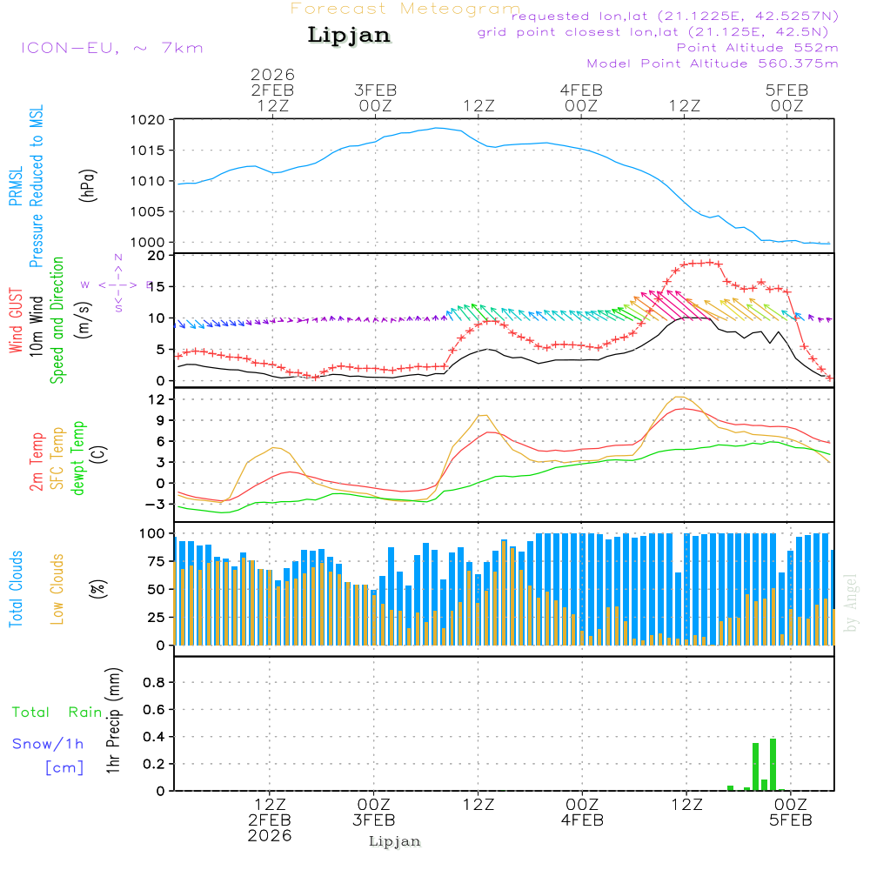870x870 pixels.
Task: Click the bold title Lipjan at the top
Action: point(349,35)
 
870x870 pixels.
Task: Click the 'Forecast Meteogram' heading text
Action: point(405,9)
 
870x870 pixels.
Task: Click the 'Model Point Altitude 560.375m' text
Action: point(713,64)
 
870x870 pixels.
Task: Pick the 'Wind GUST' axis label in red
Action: point(16,321)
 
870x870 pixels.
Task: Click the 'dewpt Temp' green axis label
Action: point(78,458)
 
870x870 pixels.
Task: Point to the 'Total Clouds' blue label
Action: point(16,589)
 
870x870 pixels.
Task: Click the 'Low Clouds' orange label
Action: point(57,589)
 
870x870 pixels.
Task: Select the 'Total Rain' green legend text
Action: point(57,713)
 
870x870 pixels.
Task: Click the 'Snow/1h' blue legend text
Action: point(48,744)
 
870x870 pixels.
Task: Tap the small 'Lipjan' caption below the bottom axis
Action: point(395,841)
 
